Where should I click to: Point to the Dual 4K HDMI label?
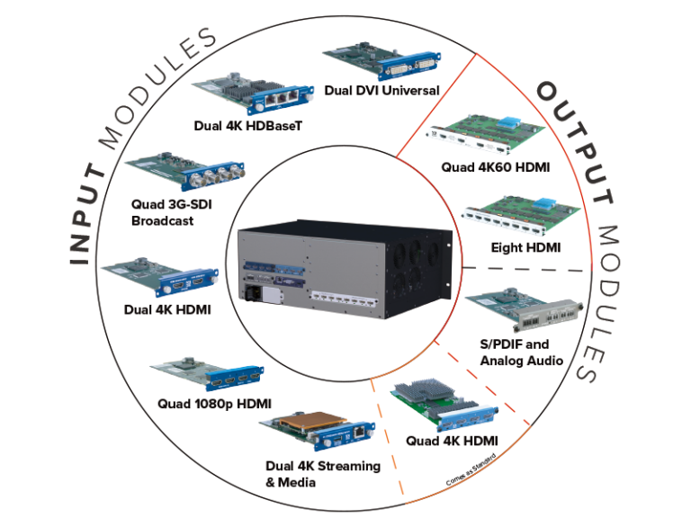(x=167, y=311)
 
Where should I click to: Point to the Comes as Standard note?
(x=471, y=472)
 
